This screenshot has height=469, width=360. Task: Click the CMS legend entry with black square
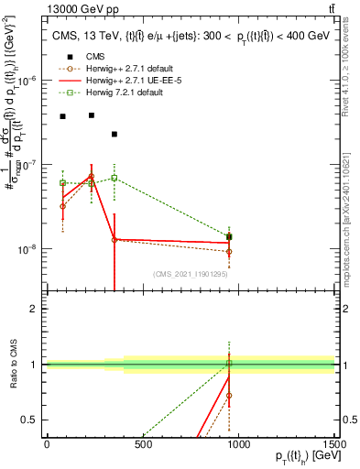coord(95,58)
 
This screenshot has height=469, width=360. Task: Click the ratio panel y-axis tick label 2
coord(35,309)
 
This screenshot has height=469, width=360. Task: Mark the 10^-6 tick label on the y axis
coord(28,81)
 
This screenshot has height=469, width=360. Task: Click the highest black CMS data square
coord(92,115)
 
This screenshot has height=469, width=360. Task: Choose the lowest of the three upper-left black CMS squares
coord(115,135)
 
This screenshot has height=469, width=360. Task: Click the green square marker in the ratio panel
coord(229,364)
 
